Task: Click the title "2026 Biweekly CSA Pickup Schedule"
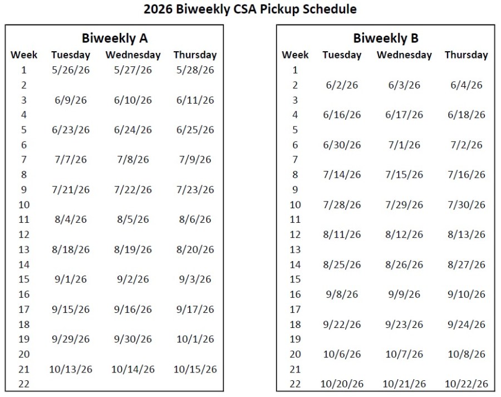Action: point(250,9)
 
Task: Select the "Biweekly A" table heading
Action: point(114,38)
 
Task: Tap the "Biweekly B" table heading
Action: point(386,38)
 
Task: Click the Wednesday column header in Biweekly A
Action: point(133,55)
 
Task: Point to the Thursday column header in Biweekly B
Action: point(466,55)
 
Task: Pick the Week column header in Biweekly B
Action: point(295,55)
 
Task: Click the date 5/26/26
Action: point(71,70)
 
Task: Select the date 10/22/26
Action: point(466,384)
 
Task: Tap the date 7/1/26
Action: point(404,145)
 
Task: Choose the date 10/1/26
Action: point(195,339)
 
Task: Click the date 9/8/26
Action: point(342,295)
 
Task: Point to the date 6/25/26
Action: point(195,130)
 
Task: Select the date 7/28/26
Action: point(342,204)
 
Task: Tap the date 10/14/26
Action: point(133,369)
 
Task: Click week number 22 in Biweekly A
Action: point(24,384)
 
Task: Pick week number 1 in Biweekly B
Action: point(295,70)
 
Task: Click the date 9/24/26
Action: point(466,325)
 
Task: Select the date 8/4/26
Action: point(71,219)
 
